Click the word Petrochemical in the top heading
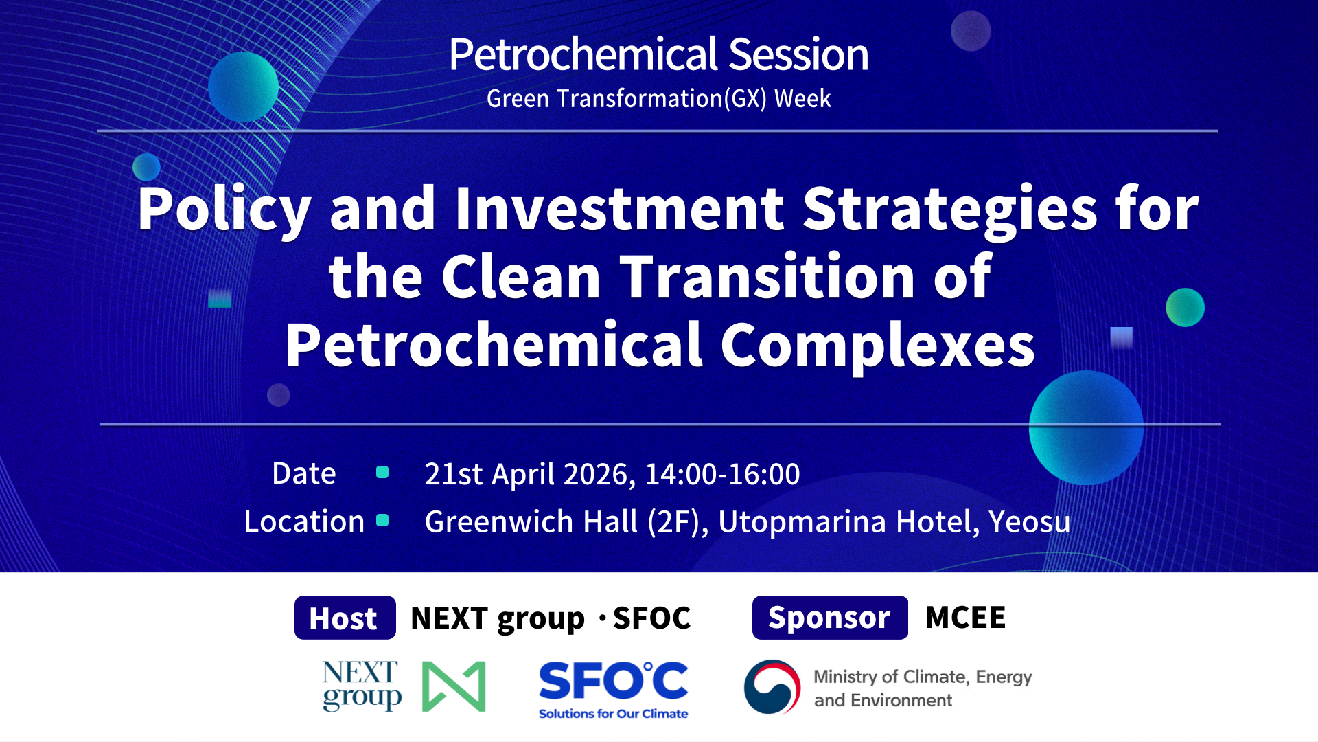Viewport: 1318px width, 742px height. point(584,55)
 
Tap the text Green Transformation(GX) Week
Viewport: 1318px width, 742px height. point(658,99)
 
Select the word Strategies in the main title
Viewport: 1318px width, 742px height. point(950,209)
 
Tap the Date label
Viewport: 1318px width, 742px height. point(304,473)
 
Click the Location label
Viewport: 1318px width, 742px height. point(304,521)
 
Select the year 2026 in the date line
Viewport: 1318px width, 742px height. point(599,474)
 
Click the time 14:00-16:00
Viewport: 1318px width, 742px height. point(722,474)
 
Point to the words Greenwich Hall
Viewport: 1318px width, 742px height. point(532,521)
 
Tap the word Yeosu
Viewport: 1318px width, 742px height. point(1029,521)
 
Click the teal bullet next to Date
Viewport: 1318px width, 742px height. point(382,472)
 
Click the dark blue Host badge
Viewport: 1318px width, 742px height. point(345,618)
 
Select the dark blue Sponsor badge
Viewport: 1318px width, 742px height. point(829,618)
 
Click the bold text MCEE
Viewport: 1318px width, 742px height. point(965,618)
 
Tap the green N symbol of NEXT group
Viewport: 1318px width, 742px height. point(454,686)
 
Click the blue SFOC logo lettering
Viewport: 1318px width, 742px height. point(613,681)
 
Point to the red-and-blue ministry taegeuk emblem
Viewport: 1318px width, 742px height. point(772,686)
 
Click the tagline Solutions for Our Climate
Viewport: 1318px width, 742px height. point(613,714)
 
